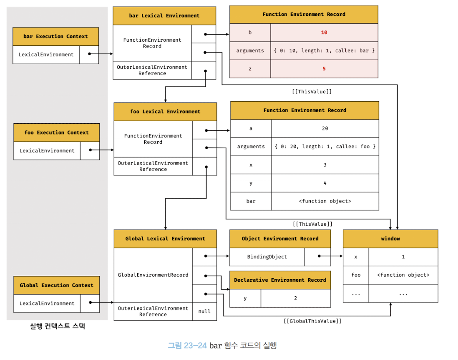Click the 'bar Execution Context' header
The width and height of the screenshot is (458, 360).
55,37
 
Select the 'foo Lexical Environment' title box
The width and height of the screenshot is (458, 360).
165,112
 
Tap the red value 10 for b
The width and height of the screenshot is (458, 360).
324,32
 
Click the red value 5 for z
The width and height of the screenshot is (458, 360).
324,69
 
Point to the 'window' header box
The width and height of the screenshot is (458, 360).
390,239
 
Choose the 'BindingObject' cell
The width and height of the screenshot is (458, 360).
267,257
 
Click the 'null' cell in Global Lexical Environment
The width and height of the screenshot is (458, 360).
204,311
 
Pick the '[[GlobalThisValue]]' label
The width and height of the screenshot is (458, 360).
312,321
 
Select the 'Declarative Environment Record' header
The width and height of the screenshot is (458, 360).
280,280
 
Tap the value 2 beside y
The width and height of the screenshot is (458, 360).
295,298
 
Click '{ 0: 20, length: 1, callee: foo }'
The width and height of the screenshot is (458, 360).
325,147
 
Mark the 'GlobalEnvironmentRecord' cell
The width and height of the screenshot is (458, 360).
153,275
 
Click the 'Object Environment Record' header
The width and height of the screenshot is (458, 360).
280,239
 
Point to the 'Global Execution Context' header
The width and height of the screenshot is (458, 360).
56,285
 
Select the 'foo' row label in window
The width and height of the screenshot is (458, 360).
356,275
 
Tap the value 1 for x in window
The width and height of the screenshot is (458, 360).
403,257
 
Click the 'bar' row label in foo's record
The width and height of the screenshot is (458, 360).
251,201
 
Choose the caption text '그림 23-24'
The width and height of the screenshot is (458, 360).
187,345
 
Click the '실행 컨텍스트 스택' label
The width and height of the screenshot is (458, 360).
57,326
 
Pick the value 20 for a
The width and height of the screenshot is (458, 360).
325,129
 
